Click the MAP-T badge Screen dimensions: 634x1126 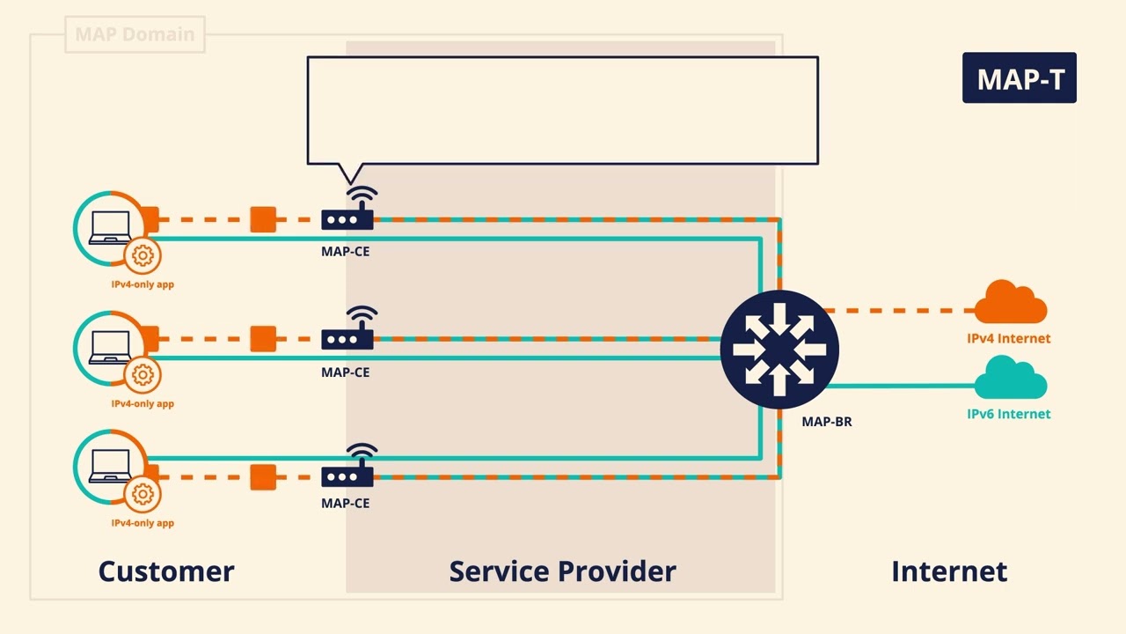click(1019, 78)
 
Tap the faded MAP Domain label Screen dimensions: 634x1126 click(135, 34)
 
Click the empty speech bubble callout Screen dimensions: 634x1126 click(562, 110)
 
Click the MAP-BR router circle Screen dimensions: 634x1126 click(779, 350)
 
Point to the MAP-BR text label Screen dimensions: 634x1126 click(826, 422)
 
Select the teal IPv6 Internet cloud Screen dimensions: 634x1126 click(1010, 379)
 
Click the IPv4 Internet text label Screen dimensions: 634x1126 click(1008, 338)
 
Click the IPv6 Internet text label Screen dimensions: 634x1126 click(1008, 414)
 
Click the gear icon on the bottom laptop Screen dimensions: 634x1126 click(142, 494)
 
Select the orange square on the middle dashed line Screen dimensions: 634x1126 click(263, 338)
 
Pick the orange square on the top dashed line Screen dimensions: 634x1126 click(263, 219)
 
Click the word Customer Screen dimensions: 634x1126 click(166, 571)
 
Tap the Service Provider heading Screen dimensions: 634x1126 click(562, 571)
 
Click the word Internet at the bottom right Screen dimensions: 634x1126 click(948, 571)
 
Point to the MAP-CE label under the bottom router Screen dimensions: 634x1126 click(345, 503)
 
